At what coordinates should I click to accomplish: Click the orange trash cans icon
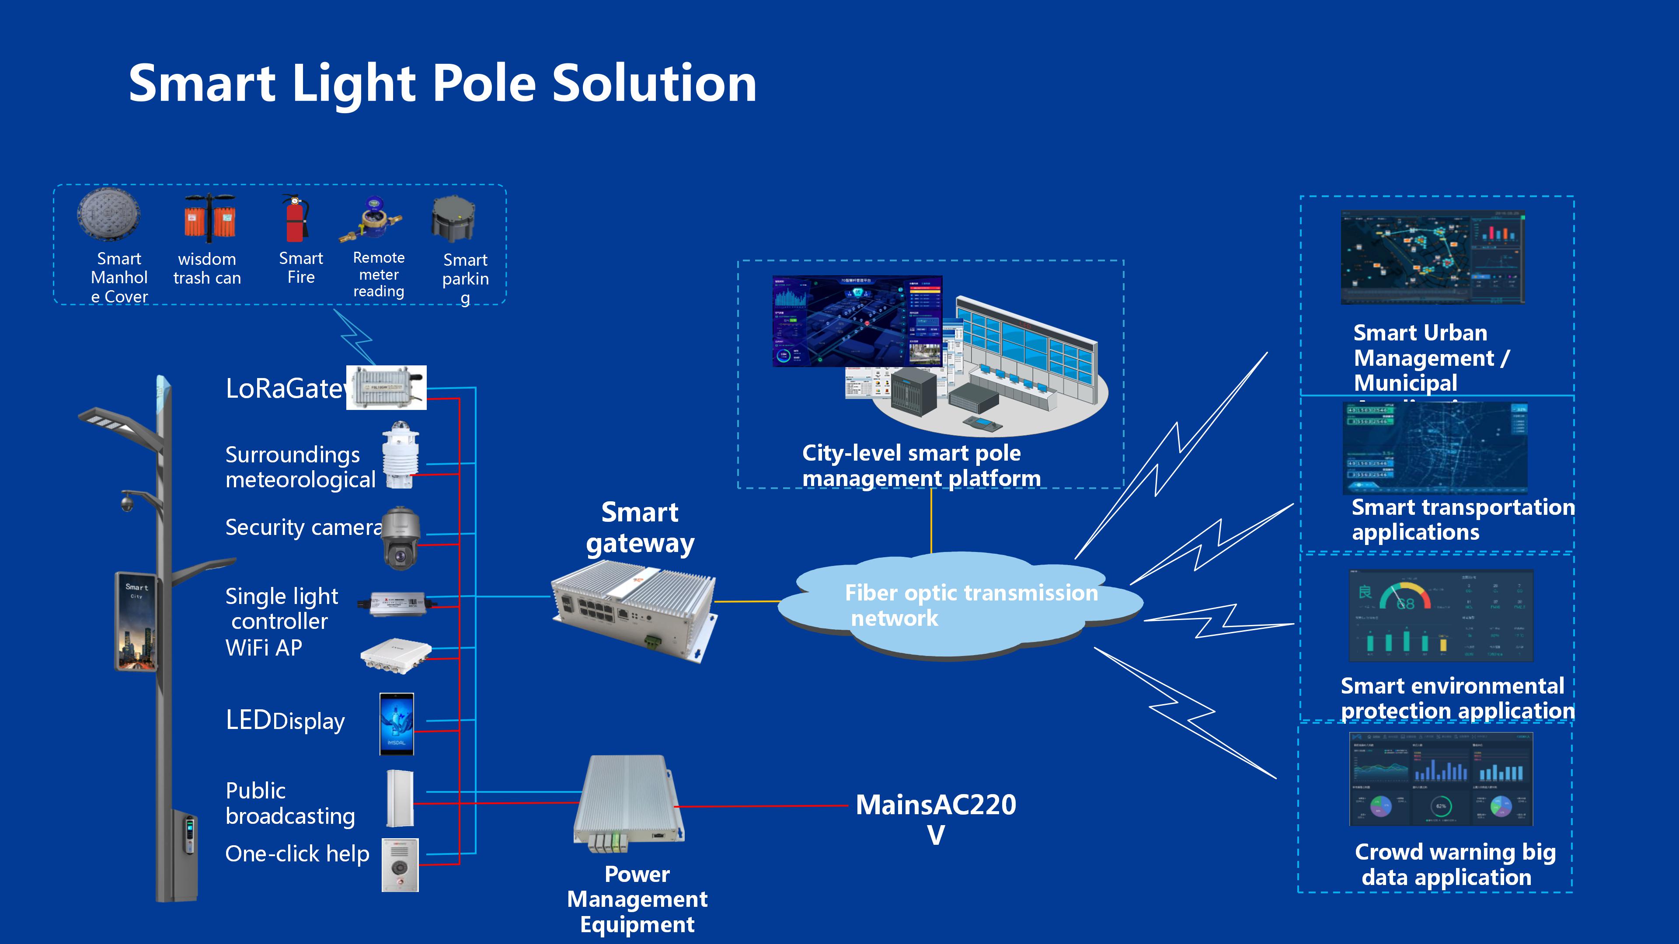coord(209,217)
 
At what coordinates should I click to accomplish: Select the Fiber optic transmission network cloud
coord(958,605)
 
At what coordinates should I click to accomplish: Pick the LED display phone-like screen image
coord(396,724)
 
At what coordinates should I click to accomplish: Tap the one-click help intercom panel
coord(400,864)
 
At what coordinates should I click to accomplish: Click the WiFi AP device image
coord(396,655)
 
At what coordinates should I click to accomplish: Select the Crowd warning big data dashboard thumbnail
coord(1440,778)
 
